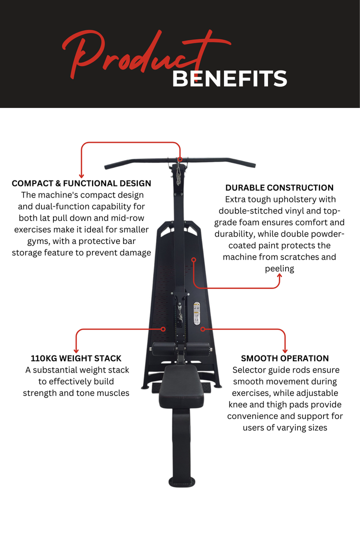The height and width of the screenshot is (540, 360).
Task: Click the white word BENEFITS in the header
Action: (229, 78)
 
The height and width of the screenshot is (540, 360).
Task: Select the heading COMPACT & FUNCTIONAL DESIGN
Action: (81, 183)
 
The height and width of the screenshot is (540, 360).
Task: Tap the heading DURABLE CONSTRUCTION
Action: (279, 188)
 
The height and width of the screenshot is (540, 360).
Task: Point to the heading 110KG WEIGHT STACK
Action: (76, 358)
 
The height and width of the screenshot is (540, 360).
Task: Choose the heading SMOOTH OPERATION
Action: (285, 358)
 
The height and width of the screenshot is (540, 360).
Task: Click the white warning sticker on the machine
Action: (196, 313)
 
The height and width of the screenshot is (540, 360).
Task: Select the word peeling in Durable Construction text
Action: (279, 268)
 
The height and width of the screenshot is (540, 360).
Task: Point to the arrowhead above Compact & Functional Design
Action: (81, 175)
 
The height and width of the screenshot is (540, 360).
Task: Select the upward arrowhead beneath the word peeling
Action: (279, 276)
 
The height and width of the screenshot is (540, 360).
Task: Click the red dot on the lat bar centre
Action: (180, 160)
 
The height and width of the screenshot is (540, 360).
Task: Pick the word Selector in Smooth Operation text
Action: (248, 370)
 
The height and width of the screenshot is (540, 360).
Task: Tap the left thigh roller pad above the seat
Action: (164, 348)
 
